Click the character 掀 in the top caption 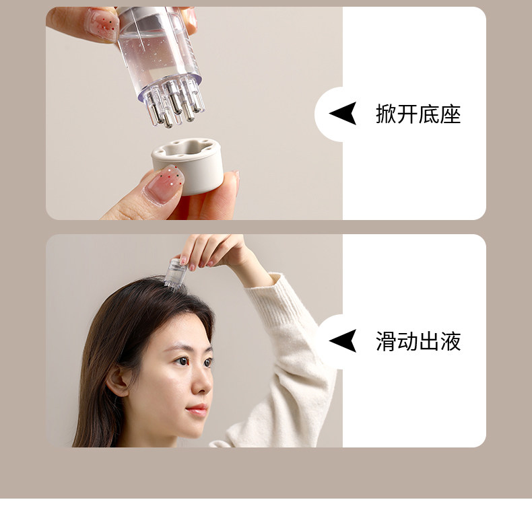pos(387,114)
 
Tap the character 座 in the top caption pos(451,114)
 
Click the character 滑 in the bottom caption pos(387,341)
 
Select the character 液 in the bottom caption pos(451,341)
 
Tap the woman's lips pos(197,410)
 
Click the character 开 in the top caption pos(408,114)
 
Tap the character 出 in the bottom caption pos(429,341)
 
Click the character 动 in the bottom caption pos(408,341)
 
